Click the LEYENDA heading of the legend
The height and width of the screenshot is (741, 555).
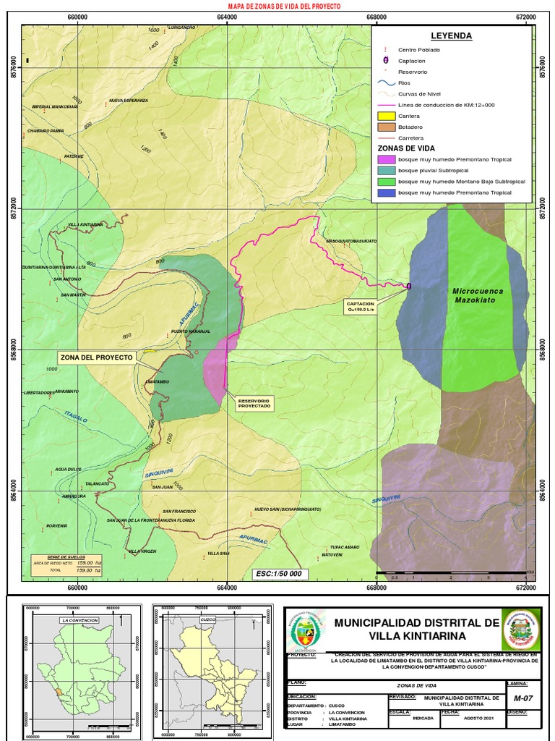coord(451,35)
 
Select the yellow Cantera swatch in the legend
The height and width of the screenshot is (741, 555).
coord(387,116)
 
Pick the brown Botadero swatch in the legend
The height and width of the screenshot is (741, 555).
coord(387,127)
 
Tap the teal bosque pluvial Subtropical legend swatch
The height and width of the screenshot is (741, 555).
coord(387,170)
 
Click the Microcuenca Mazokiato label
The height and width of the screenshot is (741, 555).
coord(478,295)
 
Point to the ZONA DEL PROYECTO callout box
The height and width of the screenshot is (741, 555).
coord(96,357)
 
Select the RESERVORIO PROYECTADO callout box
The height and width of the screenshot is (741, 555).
coord(254,403)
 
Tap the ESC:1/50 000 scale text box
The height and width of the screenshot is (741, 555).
coord(279,574)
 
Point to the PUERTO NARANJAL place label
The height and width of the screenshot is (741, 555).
coord(190,331)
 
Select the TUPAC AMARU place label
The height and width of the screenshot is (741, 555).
coord(345,547)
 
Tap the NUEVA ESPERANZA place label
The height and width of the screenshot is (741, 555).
coord(128,100)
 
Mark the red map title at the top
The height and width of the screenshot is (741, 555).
coord(284,6)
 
